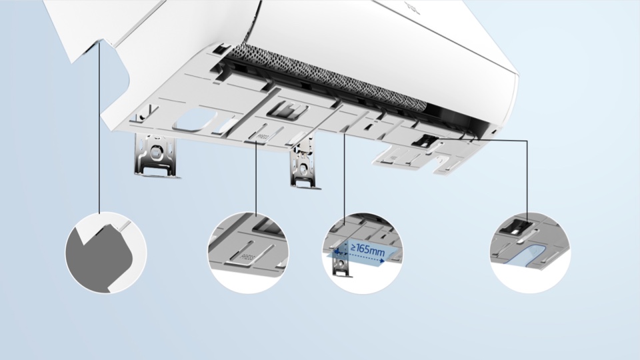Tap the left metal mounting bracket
coord(157,156)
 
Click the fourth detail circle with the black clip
coord(530,253)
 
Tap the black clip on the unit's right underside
coord(426,140)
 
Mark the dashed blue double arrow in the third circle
coord(360,260)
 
